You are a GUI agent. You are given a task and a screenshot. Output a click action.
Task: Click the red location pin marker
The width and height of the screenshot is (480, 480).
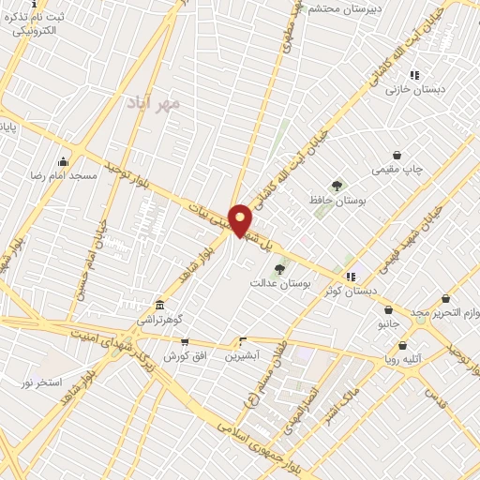point(241,220)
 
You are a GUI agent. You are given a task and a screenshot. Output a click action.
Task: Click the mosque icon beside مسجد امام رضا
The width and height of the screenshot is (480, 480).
point(64,161)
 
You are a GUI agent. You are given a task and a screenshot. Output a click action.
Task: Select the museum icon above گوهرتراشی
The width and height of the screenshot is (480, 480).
point(159,305)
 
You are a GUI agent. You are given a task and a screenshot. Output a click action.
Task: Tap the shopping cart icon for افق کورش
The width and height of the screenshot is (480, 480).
point(185,342)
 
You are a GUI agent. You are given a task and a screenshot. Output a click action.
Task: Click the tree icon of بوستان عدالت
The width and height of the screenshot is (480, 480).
point(279,269)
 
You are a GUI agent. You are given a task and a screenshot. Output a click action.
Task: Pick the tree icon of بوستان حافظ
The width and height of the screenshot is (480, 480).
point(337,186)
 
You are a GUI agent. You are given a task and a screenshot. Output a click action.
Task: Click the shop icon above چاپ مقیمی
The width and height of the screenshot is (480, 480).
point(397,155)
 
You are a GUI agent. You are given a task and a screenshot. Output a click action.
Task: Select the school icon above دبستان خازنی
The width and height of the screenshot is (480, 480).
point(414,74)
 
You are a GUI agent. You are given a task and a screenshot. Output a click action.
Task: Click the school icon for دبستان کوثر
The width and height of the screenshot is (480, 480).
point(351,277)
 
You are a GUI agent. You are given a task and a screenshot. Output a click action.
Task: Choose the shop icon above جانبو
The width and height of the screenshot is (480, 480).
point(388,309)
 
